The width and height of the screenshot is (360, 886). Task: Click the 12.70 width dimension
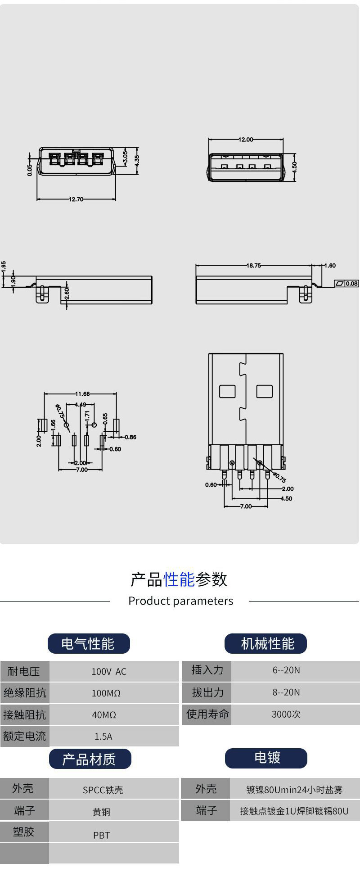pos(76,199)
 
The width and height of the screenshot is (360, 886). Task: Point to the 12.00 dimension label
pos(246,140)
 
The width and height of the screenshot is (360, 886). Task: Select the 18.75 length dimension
pos(253,266)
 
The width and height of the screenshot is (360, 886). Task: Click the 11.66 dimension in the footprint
pos(82,394)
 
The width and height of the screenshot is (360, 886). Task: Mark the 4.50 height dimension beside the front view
pos(294,167)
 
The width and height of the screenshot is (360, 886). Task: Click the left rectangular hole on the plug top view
pos(227,391)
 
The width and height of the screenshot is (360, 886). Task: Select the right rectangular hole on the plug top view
pos(264,391)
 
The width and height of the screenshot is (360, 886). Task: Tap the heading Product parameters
pos(181,601)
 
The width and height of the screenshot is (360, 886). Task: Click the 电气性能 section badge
pos(89,644)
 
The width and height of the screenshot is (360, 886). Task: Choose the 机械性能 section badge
pos(265,644)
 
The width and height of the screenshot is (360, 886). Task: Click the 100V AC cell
pos(109,672)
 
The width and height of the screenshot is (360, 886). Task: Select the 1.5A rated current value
pos(103,737)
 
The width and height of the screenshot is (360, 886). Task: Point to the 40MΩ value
pos(104,715)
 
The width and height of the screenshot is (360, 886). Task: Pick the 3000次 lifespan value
pos(286,714)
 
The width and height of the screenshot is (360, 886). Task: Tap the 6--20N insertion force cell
pos(286,670)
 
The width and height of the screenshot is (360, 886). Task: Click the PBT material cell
pos(101,836)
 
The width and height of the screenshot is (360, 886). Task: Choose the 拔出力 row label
pos(207,692)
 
